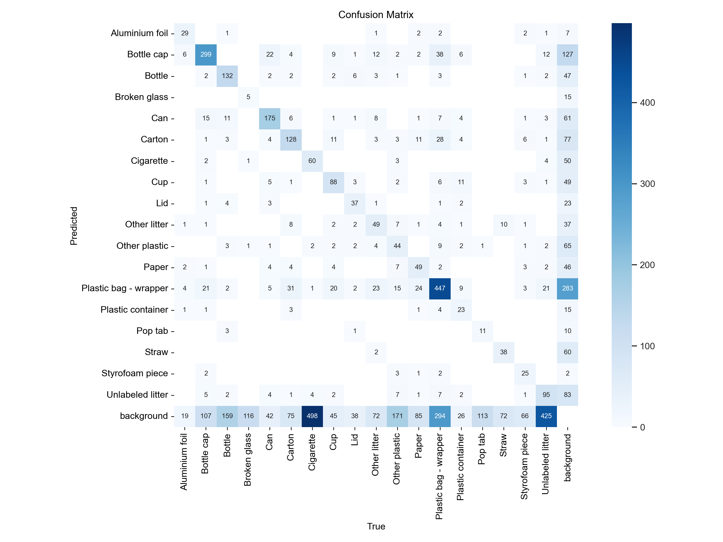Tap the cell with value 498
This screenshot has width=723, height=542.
[x=312, y=416]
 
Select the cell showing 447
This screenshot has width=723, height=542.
[x=440, y=288]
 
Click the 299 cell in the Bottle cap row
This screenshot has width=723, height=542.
[x=206, y=54]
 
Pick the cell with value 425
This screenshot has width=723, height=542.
[x=546, y=416]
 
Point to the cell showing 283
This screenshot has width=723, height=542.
[x=567, y=288]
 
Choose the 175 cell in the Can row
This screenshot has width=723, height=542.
[x=270, y=118]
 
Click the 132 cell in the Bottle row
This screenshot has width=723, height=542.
[x=227, y=76]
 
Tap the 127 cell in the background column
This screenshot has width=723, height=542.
[x=567, y=54]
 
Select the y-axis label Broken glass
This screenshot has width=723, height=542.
[x=141, y=97]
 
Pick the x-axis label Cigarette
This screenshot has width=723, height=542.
[x=312, y=452]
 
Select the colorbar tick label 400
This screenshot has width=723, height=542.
[x=647, y=103]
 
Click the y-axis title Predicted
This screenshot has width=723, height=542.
[x=74, y=226]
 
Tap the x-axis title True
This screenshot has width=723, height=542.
[x=376, y=526]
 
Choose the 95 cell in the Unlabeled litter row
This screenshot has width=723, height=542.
[x=546, y=395]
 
